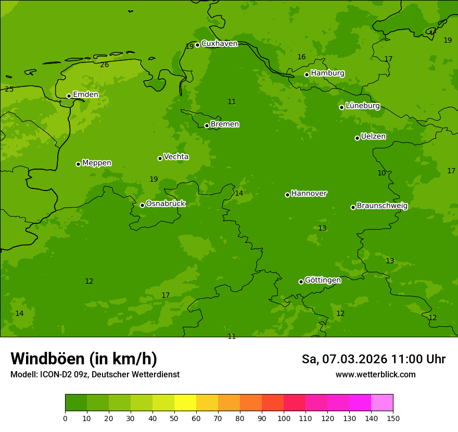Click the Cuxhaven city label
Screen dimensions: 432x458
click(219, 44)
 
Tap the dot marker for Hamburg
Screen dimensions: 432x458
click(307, 74)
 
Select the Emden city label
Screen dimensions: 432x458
click(85, 95)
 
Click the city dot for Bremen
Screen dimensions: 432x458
click(207, 125)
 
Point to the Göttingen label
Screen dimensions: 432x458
click(323, 281)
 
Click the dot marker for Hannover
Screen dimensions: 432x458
click(287, 195)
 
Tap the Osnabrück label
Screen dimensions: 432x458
click(166, 204)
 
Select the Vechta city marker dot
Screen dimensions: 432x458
click(160, 158)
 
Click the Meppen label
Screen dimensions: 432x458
click(97, 163)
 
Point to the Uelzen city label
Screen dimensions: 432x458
click(373, 137)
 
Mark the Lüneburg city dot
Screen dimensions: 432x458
click(341, 107)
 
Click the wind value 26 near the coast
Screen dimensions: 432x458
click(105, 65)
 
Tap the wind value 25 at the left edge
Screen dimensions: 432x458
click(9, 90)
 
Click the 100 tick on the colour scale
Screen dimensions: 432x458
click(284, 418)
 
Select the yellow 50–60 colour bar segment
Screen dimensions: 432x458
click(185, 403)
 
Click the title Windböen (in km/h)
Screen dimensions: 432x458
click(84, 359)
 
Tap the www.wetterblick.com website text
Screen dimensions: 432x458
click(375, 375)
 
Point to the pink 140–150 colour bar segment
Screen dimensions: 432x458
click(382, 403)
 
